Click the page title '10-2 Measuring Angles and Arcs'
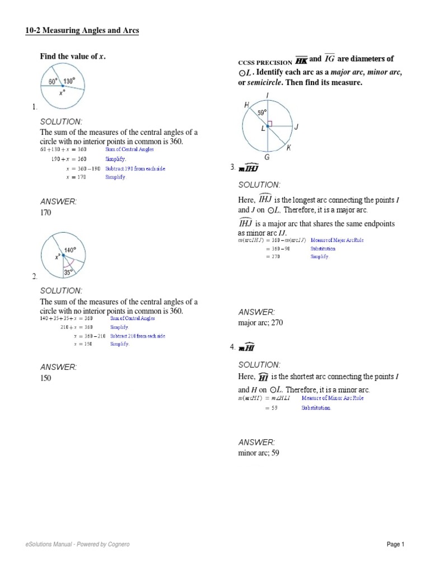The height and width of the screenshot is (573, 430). tap(82, 31)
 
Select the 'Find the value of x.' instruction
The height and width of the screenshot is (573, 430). tap(72, 57)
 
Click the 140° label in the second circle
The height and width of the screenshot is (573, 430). tap(70, 250)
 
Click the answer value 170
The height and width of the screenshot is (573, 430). tap(45, 213)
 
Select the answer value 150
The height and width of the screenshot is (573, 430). tap(45, 378)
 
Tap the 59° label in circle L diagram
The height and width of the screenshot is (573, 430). tap(261, 112)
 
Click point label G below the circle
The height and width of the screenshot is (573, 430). tap(267, 158)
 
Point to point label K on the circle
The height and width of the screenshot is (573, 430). tap(288, 148)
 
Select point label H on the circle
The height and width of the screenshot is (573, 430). tap(246, 105)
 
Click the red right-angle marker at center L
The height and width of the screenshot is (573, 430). tap(270, 123)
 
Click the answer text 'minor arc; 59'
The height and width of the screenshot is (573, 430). tap(258, 453)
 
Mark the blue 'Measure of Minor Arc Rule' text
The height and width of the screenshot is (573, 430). tap(329, 398)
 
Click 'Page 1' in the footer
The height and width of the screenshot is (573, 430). tap(395, 544)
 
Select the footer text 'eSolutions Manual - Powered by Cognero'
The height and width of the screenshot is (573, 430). tap(78, 544)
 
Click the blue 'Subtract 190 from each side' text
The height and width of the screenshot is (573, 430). tap(135, 168)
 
